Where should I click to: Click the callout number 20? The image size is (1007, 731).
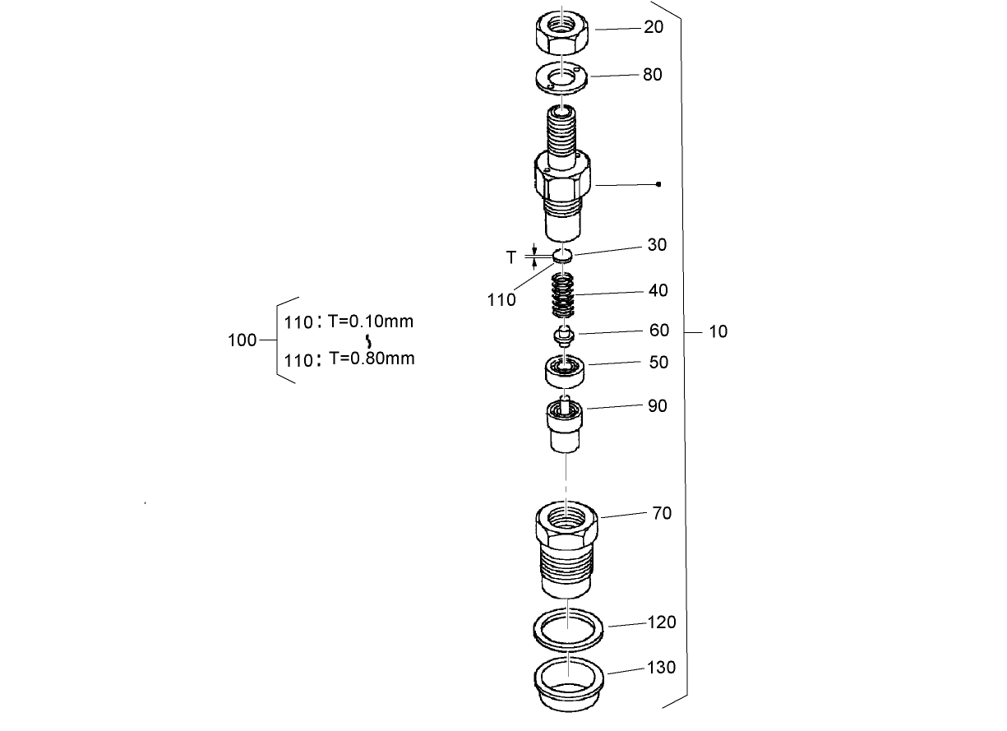654,27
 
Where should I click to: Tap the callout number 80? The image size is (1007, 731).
652,75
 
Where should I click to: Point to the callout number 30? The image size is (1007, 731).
657,245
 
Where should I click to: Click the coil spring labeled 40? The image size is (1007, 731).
563,296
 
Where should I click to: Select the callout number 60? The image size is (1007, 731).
659,331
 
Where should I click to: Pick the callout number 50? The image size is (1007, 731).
658,363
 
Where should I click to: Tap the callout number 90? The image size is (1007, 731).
658,406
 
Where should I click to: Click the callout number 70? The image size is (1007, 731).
662,514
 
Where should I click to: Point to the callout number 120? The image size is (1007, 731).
662,622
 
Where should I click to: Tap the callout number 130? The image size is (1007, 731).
662,668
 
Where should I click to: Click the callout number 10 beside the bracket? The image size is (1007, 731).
718,332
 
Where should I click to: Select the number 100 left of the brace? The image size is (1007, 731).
242,340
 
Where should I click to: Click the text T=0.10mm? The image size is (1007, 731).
370,322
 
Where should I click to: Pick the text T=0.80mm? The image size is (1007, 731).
371,359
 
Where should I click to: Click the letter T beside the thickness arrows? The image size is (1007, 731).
511,258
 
